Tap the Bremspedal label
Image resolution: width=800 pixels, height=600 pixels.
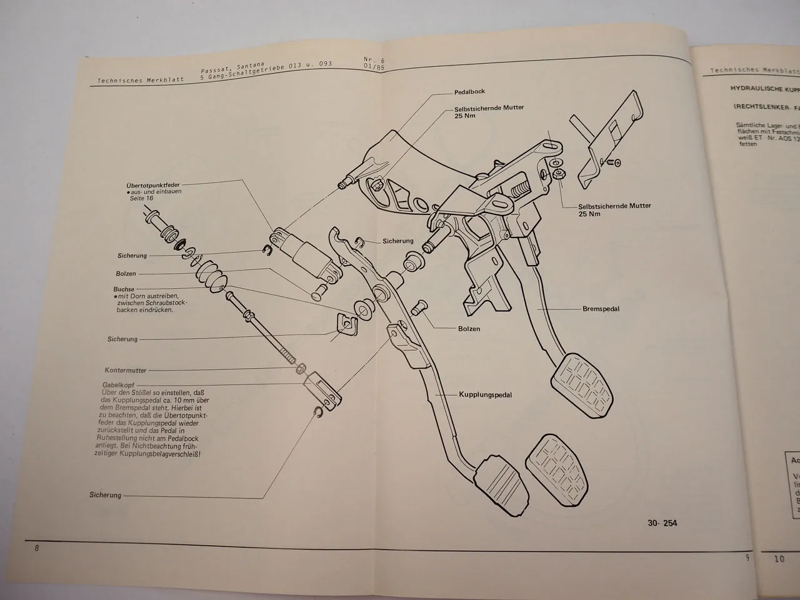coord(601,309)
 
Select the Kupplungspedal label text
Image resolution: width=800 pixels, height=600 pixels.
coord(485,395)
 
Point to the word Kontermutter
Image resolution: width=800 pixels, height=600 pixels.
coord(126,370)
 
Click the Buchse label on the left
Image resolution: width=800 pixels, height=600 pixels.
coord(124,289)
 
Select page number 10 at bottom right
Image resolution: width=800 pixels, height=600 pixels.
coord(779,559)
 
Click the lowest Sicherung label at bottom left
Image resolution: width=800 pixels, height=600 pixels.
coord(105,495)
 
